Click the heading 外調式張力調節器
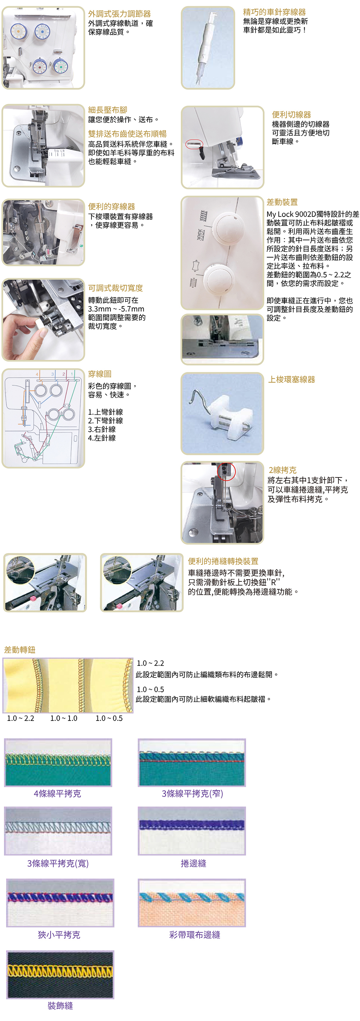(x=119, y=14)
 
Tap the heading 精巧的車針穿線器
(x=274, y=12)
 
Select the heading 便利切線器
(x=291, y=114)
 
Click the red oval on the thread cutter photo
(x=194, y=144)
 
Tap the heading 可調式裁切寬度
(x=115, y=288)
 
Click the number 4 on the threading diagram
(x=37, y=374)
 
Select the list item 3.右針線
(x=102, y=429)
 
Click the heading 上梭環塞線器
(x=292, y=379)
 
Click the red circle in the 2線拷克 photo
(x=226, y=472)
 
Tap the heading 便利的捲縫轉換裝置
(x=223, y=561)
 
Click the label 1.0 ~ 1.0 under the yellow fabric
(x=64, y=718)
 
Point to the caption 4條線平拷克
(x=58, y=794)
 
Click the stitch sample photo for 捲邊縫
(x=192, y=831)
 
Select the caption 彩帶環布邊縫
(x=195, y=935)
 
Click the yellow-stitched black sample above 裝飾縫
(x=60, y=975)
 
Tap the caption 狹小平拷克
(x=59, y=935)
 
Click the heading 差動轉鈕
(x=20, y=650)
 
